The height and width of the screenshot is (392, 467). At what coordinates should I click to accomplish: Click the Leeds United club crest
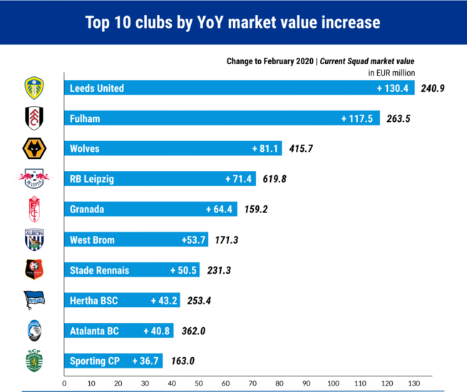pyautogui.click(x=34, y=88)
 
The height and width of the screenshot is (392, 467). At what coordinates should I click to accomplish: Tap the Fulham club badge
pyautogui.click(x=34, y=118)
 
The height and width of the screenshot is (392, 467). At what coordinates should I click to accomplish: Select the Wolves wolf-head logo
pyautogui.click(x=34, y=148)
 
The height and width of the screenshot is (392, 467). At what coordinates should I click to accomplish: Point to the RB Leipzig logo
pyautogui.click(x=34, y=178)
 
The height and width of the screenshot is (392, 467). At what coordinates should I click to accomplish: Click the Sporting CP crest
pyautogui.click(x=34, y=360)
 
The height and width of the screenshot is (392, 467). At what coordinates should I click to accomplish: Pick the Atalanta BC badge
pyautogui.click(x=34, y=330)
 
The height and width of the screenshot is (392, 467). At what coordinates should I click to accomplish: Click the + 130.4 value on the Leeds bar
pyautogui.click(x=393, y=88)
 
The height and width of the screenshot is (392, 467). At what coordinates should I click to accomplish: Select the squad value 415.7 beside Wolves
pyautogui.click(x=302, y=149)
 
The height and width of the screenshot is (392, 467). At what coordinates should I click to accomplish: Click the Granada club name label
pyautogui.click(x=87, y=210)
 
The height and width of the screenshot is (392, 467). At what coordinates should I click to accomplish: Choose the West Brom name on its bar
pyautogui.click(x=92, y=240)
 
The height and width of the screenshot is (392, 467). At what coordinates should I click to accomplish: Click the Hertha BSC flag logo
pyautogui.click(x=34, y=300)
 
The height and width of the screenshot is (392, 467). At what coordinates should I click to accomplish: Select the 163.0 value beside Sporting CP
pyautogui.click(x=182, y=361)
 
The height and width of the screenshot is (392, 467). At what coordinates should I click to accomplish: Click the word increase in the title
pyautogui.click(x=344, y=22)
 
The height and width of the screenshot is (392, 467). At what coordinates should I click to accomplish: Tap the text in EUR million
pyautogui.click(x=391, y=72)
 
